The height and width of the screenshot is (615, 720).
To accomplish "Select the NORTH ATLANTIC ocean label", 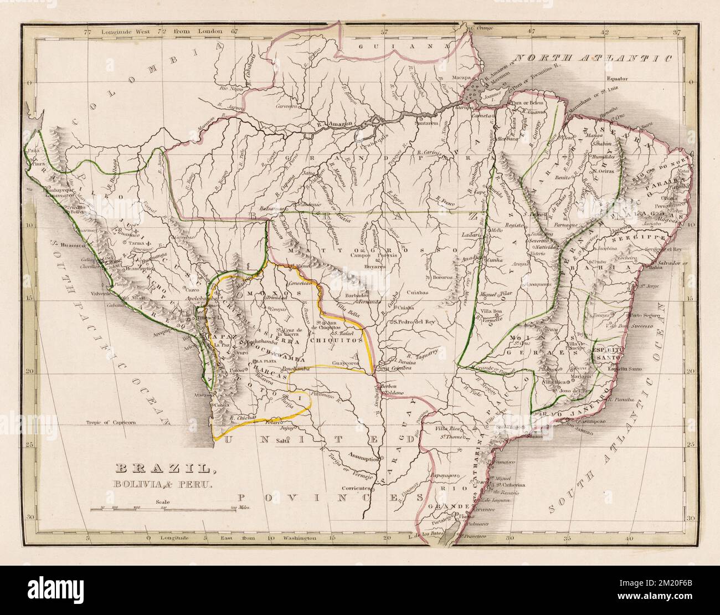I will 593,58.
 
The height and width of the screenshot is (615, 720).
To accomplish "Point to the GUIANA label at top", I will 379,48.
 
